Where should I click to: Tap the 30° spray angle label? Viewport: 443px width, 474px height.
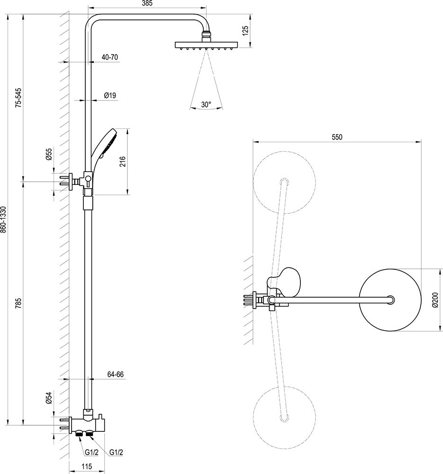(206, 105)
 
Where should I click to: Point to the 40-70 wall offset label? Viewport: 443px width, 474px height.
(110, 57)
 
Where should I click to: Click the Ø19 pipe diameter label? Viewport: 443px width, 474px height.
(110, 96)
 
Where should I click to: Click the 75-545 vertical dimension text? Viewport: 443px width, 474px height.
(18, 98)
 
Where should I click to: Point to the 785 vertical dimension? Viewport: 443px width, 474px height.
(18, 303)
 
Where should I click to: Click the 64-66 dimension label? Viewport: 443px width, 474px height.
(115, 374)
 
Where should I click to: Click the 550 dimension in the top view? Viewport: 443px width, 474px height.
(336, 137)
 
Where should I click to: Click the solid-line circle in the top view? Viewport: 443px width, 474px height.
(391, 300)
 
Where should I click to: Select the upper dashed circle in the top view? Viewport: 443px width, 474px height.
(284, 182)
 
